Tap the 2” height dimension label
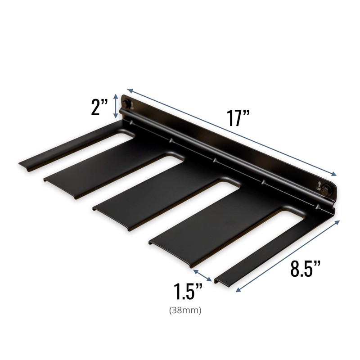(x=99, y=108)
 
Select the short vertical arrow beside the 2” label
(x=116, y=107)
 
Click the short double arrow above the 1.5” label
(x=202, y=275)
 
